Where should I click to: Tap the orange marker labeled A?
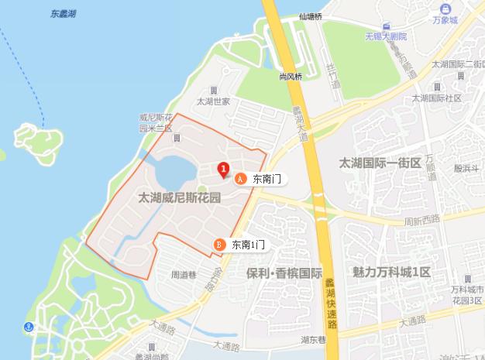(239, 179)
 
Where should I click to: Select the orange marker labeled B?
(219, 245)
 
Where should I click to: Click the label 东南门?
(265, 179)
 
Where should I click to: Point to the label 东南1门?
(249, 245)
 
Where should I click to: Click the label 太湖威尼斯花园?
(179, 197)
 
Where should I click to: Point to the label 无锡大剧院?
(386, 36)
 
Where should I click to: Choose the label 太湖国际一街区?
(380, 163)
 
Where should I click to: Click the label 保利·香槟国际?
(284, 273)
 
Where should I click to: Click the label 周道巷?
(185, 273)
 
